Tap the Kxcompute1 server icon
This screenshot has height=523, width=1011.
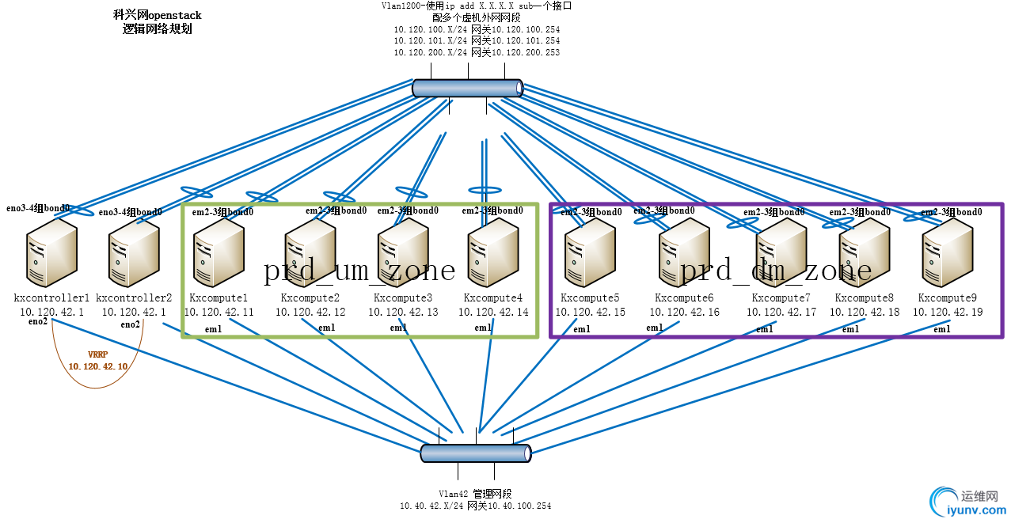coord(219,253)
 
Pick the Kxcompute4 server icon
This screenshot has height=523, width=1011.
coord(492,253)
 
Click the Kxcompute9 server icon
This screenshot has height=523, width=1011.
coord(947,253)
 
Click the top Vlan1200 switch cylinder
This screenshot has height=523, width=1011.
coord(468,88)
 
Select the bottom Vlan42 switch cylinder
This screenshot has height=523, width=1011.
coord(475,453)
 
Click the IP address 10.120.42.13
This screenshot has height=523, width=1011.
coord(403,312)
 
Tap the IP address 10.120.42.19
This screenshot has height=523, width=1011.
coord(948,312)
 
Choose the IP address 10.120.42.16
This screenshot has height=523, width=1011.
coord(685,312)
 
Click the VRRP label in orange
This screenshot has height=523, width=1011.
coord(97,355)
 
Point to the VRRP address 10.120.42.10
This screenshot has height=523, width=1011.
coord(97,366)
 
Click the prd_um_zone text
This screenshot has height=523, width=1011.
coord(359,271)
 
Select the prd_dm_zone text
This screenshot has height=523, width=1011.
coord(776,271)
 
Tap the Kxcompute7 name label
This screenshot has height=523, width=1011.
coord(781,298)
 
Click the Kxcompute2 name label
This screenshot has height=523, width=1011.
coord(310,298)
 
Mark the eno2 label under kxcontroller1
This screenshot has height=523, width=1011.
coord(38,321)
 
